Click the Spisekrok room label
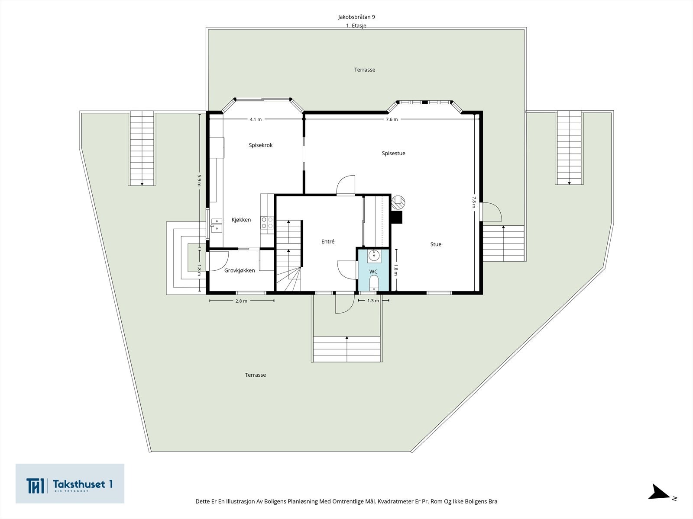point(260,145)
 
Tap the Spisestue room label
point(393,153)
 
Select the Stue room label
point(436,244)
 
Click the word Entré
point(328,242)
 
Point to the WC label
point(373,272)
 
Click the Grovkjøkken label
point(240,271)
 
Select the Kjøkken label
point(241,220)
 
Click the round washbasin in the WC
point(374,256)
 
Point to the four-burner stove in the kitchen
point(267,223)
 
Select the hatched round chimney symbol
point(398,202)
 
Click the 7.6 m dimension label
point(392,119)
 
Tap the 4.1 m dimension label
point(256,119)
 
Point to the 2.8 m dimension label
point(241,301)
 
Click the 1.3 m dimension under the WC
point(373,301)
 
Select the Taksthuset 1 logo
point(70,484)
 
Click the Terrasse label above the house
point(365,70)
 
